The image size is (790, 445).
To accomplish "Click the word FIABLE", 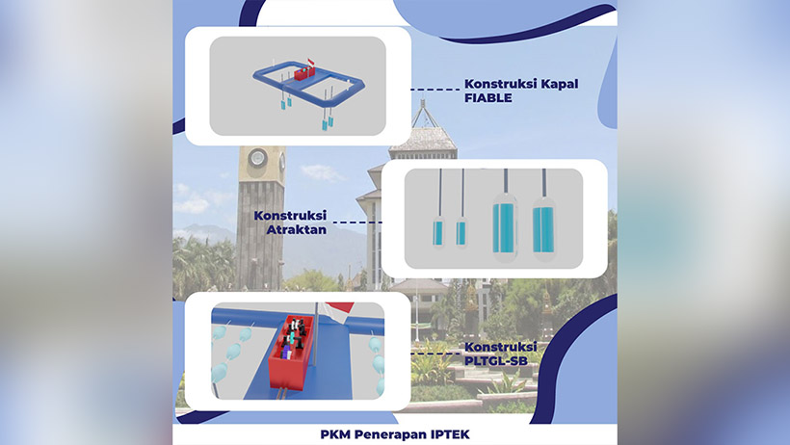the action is pyautogui.click(x=487, y=98).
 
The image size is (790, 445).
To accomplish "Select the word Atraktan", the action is pyautogui.click(x=297, y=230).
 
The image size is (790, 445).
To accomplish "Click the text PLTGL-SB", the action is pyautogui.click(x=496, y=361).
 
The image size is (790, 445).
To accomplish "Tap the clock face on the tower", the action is pyautogui.click(x=257, y=157).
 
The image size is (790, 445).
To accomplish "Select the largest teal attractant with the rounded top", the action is pyautogui.click(x=505, y=226).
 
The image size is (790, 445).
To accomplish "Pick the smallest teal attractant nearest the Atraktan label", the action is pyautogui.click(x=438, y=233).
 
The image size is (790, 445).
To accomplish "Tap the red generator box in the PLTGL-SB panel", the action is pyautogui.click(x=292, y=353).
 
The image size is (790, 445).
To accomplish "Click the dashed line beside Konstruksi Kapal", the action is pyautogui.click(x=434, y=90).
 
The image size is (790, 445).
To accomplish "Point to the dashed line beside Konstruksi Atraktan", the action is pyautogui.click(x=358, y=222).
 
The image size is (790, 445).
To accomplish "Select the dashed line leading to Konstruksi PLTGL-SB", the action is pyautogui.click(x=436, y=353).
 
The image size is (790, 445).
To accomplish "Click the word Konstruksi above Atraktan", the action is pyautogui.click(x=290, y=216).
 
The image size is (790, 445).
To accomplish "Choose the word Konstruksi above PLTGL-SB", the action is pyautogui.click(x=501, y=347).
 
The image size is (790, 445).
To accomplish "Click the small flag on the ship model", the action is pyautogui.click(x=310, y=62).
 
